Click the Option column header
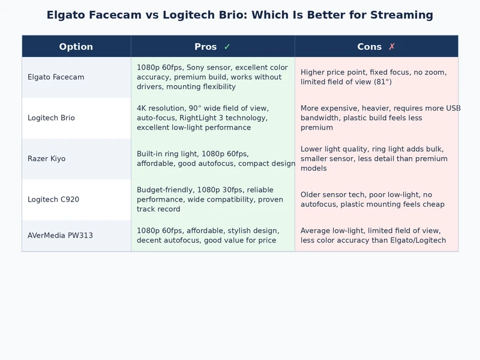[x=76, y=47]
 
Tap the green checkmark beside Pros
[x=227, y=47]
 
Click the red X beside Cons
[x=392, y=47]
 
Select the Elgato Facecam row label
[x=56, y=77]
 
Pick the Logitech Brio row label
[x=51, y=118]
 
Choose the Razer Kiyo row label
[x=46, y=159]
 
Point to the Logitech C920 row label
[x=53, y=200]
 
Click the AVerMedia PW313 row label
[x=60, y=236]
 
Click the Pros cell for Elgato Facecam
[x=212, y=77]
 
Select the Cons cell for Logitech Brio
[x=376, y=118]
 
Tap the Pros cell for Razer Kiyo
[x=212, y=159]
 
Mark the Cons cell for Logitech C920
[x=376, y=200]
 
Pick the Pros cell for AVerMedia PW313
[x=212, y=236]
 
